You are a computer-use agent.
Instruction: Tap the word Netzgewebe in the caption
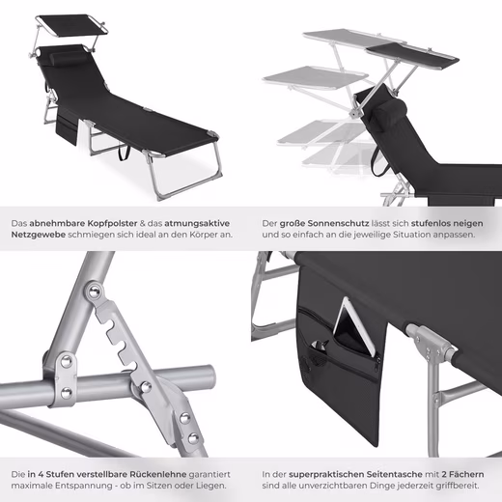(39, 235)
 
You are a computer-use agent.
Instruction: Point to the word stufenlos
(430, 223)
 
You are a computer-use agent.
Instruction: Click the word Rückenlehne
(158, 474)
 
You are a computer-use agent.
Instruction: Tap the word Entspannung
(83, 486)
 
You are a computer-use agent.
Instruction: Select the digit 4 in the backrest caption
(41, 474)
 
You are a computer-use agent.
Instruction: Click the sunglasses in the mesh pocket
(320, 346)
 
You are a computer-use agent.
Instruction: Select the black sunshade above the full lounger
(71, 24)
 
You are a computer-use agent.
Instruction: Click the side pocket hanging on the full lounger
(67, 126)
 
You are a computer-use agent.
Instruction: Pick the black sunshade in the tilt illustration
(412, 56)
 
